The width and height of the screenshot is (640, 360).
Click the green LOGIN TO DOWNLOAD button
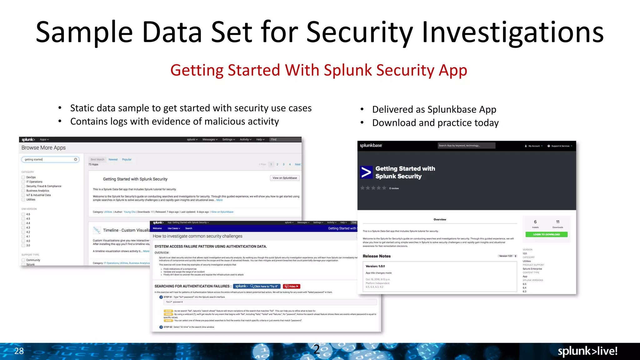546,234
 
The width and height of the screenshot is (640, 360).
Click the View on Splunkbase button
285,178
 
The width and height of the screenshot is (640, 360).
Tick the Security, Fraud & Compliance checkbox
23,186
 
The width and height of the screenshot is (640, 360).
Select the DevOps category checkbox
23,177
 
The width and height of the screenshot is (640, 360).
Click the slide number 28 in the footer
19,351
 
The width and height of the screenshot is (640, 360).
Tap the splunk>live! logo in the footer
587,351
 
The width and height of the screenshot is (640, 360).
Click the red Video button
292,286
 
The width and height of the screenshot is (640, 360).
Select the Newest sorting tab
113,159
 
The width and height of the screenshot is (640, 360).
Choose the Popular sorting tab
127,159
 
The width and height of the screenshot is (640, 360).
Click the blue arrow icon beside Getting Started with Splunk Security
366,172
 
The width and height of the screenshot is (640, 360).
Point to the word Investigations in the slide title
512,32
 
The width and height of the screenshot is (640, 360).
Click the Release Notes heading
377,256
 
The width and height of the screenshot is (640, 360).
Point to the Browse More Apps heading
43,148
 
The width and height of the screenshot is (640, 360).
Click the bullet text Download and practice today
435,123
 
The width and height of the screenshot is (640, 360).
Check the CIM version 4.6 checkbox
23,214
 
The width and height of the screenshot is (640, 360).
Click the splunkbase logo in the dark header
371,145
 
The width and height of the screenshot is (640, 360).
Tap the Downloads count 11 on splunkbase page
557,222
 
